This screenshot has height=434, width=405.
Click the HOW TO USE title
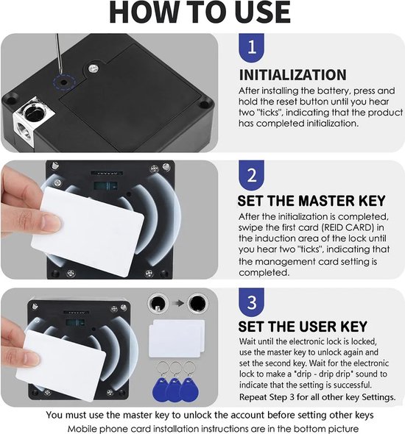click(200, 13)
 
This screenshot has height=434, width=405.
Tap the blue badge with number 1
click(251, 47)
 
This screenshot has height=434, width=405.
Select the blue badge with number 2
click(251, 175)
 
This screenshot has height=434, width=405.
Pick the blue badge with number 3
click(251, 302)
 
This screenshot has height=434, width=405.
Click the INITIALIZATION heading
click(293, 75)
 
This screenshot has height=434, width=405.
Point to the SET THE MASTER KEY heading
click(311, 201)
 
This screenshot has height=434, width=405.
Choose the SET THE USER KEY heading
click(303, 327)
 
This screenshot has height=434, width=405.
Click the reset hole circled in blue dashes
click(65, 82)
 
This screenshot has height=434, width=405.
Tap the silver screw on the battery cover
click(94, 68)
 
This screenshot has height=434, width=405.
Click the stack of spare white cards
click(177, 338)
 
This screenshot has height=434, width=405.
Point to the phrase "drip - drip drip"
click(324, 374)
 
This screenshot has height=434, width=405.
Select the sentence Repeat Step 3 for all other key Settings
click(317, 397)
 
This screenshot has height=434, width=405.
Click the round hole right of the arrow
click(197, 302)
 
